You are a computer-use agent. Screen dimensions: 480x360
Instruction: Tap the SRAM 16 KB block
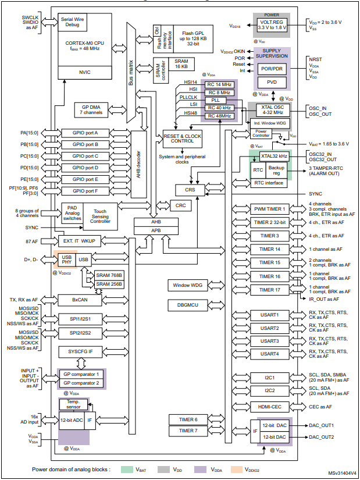(181, 64)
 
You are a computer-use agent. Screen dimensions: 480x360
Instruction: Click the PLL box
(219, 100)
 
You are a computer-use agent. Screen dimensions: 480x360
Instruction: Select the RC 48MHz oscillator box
(219, 116)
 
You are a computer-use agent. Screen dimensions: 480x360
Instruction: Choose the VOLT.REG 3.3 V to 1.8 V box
(272, 24)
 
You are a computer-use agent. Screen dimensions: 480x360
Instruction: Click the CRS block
(191, 190)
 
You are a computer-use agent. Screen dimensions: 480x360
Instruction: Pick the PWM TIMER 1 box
(270, 209)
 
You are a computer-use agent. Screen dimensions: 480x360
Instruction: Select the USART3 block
(270, 341)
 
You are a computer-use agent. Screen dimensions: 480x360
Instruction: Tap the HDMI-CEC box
(270, 407)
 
